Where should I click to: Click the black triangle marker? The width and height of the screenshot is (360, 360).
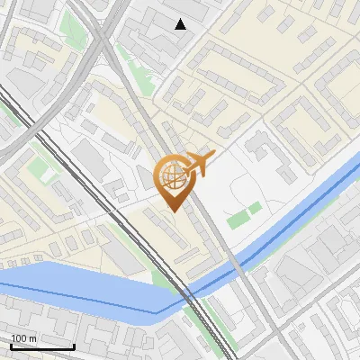[x=181, y=24]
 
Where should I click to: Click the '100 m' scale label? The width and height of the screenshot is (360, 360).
[x=24, y=338]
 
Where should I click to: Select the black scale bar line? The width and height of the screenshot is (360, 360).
[x=42, y=346]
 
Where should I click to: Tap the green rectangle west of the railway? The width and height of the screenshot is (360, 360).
[x=39, y=167]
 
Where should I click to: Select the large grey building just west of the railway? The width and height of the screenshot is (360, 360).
[x=90, y=157]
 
